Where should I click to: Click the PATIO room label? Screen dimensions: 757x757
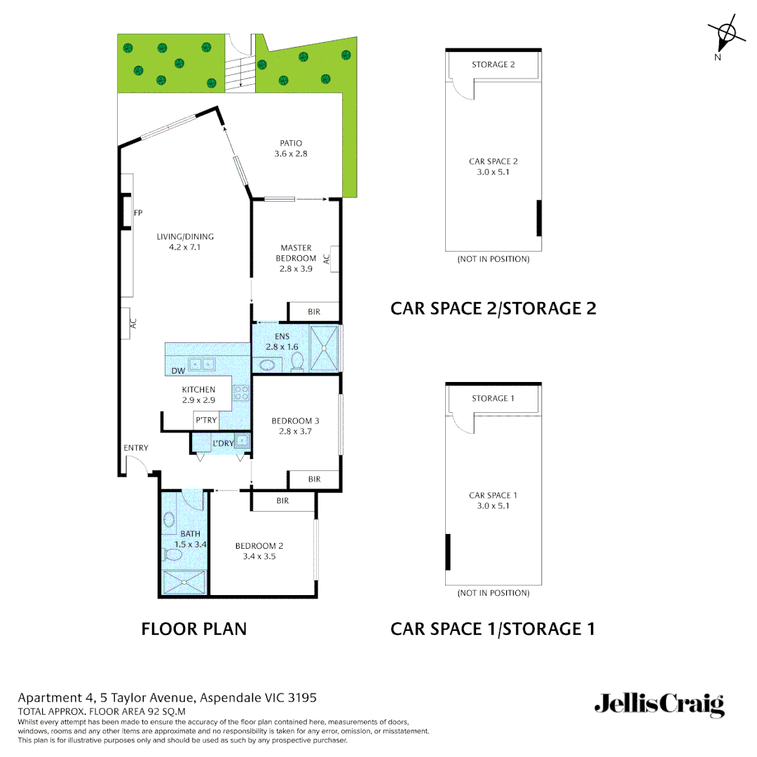[291, 143]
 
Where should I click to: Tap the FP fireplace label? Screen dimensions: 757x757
[138, 213]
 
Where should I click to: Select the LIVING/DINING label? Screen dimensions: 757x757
[185, 237]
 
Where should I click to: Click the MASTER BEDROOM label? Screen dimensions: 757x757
[296, 253]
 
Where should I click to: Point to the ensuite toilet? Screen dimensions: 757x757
[297, 361]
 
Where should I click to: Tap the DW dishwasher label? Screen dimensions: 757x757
[178, 371]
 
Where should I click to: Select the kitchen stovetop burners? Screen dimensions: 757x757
[242, 393]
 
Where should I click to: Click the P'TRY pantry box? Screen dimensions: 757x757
[207, 421]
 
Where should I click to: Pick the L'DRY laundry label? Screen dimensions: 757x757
[223, 443]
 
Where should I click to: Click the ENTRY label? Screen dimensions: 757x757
[135, 448]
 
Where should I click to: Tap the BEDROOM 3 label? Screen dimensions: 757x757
[295, 421]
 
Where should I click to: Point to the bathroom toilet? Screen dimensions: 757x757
[172, 555]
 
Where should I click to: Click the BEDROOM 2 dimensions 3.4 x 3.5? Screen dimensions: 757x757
[259, 557]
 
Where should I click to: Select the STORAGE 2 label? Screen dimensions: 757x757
[493, 64]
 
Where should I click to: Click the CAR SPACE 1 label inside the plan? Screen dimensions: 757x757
[493, 496]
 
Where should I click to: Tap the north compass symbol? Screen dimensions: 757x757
[727, 32]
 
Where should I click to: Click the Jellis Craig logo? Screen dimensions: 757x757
[659, 704]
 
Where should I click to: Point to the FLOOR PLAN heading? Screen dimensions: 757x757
[194, 629]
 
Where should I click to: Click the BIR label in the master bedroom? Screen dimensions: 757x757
[314, 312]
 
